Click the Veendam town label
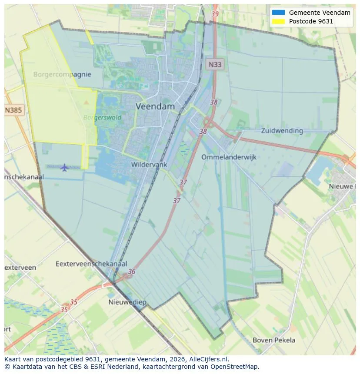155,106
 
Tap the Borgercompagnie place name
62,74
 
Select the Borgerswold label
102,117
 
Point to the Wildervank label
149,165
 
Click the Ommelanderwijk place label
229,157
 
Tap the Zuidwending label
282,130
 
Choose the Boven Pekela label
274,340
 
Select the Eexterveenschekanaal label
91,264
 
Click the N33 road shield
214,65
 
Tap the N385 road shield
13,110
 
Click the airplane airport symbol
65,167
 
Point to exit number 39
215,14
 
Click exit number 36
131,272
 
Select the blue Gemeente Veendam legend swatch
278,13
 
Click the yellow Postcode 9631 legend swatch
278,21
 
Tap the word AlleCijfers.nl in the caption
211,359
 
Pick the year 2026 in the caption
180,359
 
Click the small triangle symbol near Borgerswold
86,103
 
